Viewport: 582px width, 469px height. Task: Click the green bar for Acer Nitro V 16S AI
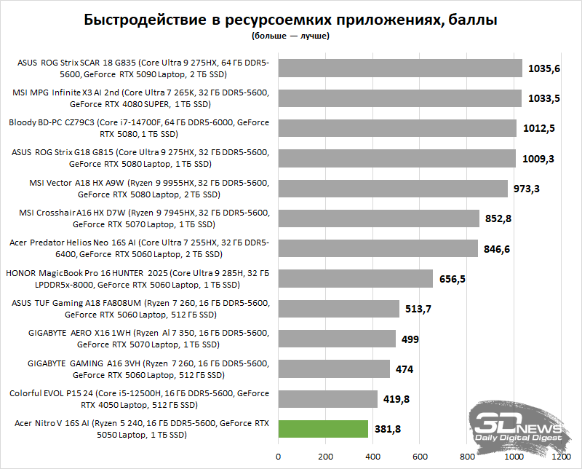pos(323,428)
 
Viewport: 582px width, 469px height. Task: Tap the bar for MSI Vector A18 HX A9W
pos(393,189)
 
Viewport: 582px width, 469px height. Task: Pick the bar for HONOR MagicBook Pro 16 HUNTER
pos(355,278)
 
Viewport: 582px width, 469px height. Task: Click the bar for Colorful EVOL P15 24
pos(327,398)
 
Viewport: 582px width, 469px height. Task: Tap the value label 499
pos(410,339)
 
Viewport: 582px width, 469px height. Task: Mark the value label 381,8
pos(388,429)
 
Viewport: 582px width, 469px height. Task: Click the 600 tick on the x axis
pos(420,457)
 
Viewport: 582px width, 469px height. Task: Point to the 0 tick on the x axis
pos(278,457)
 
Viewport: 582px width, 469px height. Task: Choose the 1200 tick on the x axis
pos(561,457)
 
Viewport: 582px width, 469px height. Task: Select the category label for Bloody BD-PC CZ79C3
pos(138,128)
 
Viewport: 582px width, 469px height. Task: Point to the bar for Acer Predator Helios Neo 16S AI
pos(378,248)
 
